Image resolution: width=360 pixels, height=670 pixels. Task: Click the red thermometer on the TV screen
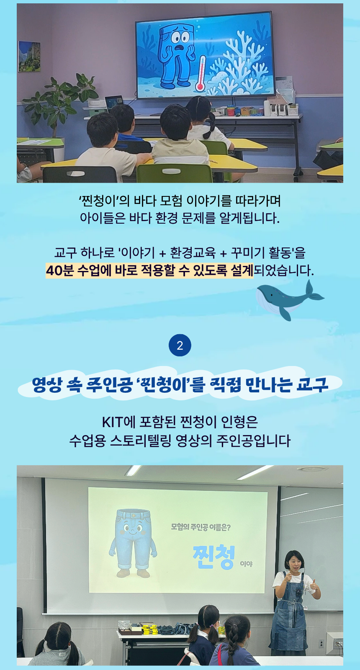pyautogui.click(x=200, y=73)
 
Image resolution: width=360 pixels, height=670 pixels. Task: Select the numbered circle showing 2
pyautogui.click(x=180, y=345)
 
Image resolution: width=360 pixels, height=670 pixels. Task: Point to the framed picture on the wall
pyautogui.click(x=29, y=56)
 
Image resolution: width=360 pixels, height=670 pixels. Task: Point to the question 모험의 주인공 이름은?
pyautogui.click(x=201, y=527)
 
